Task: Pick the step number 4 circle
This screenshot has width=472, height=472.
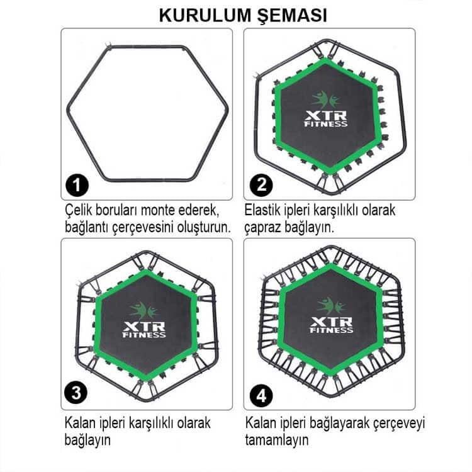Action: click(x=260, y=396)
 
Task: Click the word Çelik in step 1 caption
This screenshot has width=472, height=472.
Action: click(x=77, y=210)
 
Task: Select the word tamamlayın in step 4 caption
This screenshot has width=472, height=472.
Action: click(x=277, y=439)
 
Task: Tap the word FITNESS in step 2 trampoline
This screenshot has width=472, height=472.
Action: click(x=325, y=124)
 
